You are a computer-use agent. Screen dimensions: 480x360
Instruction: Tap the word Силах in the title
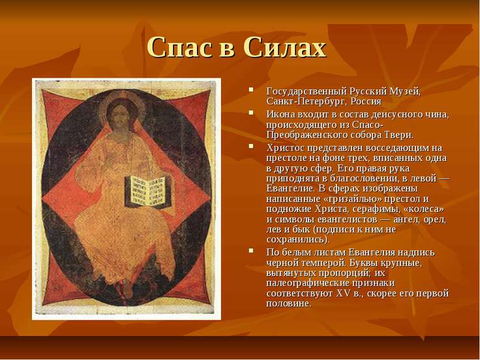click(285, 48)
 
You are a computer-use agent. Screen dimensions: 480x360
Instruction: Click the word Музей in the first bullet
click(405, 91)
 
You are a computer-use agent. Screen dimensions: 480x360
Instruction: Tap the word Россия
click(366, 101)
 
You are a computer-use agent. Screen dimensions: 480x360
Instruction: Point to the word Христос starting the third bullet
click(285, 148)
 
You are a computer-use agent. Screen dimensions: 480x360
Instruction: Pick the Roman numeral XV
click(342, 293)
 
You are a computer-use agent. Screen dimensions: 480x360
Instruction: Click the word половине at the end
click(288, 304)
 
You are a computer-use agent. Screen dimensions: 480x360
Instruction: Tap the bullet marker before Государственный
click(251, 90)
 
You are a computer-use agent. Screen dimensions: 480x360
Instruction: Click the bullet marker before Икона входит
click(251, 113)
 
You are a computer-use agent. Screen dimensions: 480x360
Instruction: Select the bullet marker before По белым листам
click(251, 250)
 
